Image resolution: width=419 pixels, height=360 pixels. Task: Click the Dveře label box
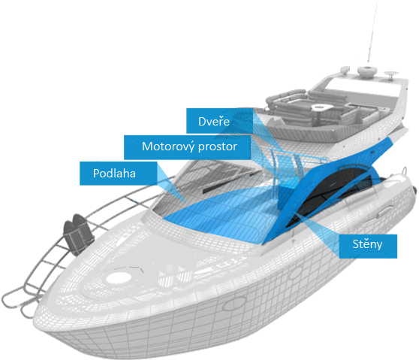(x=220, y=120)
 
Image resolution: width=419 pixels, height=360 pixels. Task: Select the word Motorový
(x=166, y=147)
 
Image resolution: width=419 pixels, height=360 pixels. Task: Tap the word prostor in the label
(x=216, y=147)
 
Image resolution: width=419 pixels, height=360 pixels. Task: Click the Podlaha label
(x=119, y=174)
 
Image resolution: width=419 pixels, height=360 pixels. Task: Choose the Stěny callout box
(x=368, y=247)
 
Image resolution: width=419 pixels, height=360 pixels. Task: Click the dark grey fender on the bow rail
(x=78, y=234)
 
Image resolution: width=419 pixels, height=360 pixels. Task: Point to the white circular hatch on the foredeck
(x=119, y=277)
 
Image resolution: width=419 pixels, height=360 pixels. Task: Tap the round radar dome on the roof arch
(x=367, y=71)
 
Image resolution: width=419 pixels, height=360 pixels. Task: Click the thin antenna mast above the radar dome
(x=372, y=33)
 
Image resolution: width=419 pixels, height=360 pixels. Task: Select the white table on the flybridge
(x=322, y=107)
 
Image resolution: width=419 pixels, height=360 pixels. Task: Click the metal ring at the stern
(x=405, y=170)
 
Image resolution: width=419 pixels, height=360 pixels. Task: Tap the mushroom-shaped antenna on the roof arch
(x=391, y=75)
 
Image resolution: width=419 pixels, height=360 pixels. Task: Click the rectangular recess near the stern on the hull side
(x=385, y=210)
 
